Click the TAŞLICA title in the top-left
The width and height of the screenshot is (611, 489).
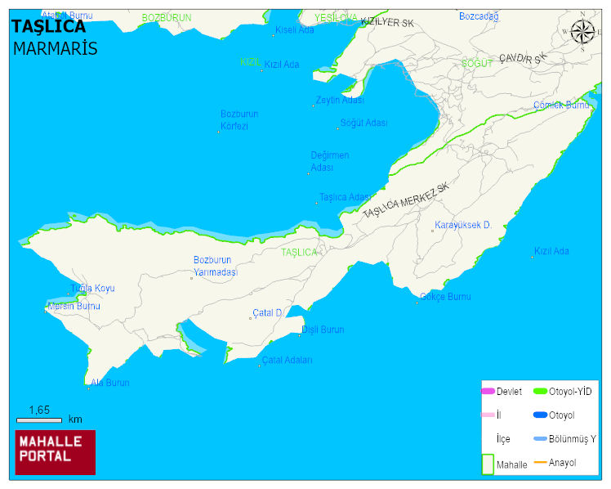click(x=49, y=27)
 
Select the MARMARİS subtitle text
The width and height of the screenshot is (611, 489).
click(x=55, y=48)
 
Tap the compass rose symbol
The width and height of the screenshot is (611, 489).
click(x=582, y=31)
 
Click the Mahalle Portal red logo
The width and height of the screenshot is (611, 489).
click(x=56, y=452)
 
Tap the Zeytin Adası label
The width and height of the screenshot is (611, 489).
click(x=340, y=101)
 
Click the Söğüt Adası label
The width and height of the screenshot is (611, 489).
click(x=363, y=123)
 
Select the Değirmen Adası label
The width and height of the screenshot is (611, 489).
click(x=329, y=161)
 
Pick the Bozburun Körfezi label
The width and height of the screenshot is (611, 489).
click(x=239, y=120)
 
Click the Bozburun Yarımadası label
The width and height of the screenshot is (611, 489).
click(x=215, y=266)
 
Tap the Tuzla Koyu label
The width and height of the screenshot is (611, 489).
click(x=92, y=289)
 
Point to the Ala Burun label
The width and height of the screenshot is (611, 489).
click(x=110, y=383)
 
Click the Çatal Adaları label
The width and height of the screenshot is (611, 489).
click(x=287, y=360)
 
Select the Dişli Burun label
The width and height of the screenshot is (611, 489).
click(x=323, y=330)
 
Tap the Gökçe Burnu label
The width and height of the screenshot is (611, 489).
click(x=445, y=297)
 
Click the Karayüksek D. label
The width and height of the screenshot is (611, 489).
click(x=462, y=225)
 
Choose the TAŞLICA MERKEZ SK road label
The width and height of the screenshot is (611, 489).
click(x=406, y=200)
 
